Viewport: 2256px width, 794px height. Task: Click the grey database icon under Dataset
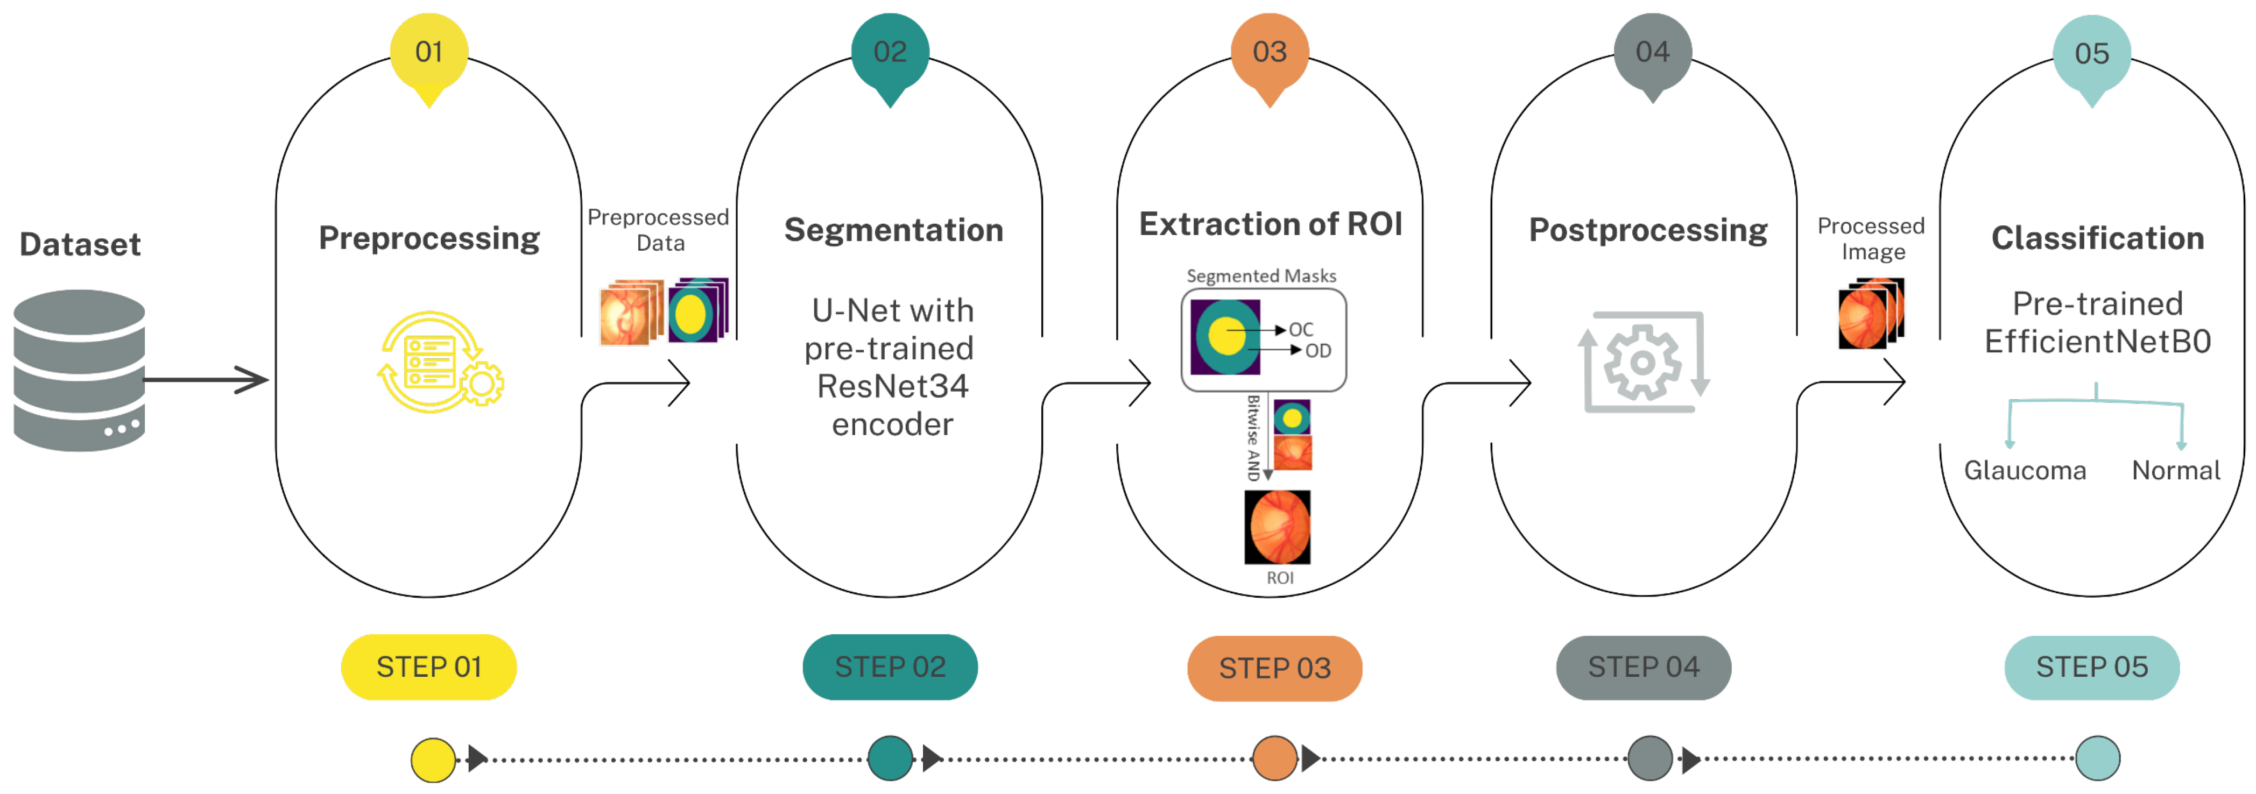79,370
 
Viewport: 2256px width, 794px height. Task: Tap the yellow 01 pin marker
428,54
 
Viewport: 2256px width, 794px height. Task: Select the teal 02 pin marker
890,54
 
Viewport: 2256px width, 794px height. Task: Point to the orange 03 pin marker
1269,54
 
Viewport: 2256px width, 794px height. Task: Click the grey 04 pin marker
1652,54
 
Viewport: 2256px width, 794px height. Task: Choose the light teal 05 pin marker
2091,56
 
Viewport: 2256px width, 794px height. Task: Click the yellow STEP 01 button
428,667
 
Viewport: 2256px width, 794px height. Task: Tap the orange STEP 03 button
1274,668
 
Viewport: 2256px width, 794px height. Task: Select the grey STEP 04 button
1643,667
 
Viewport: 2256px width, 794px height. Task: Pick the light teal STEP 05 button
2091,667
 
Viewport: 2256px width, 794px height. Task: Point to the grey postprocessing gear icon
1643,361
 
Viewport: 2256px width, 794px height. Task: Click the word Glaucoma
2024,471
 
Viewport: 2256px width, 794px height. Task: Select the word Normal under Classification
2175,471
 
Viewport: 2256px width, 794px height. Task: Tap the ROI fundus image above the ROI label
1278,527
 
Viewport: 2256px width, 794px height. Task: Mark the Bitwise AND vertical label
1253,438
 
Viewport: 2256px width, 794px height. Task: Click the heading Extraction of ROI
1270,224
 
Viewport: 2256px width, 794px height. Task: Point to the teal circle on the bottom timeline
890,758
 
